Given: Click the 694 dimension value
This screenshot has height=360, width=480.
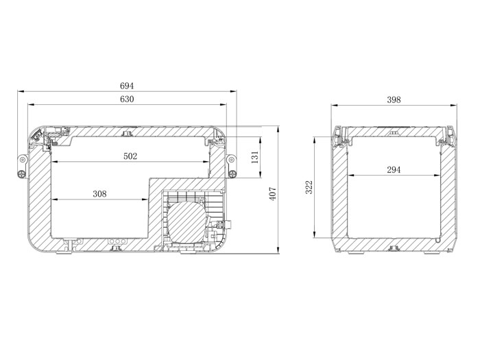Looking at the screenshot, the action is [x=127, y=86].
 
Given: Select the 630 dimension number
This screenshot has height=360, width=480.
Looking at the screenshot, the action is [x=127, y=99].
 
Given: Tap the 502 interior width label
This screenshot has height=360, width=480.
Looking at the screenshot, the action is [x=130, y=156].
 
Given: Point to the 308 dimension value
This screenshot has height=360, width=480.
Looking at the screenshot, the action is [x=100, y=194].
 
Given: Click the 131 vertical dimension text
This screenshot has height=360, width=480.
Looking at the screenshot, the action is [x=255, y=157].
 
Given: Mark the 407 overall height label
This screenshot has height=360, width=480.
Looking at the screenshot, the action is [x=273, y=194].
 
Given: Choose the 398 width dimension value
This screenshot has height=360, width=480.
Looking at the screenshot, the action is [x=394, y=100].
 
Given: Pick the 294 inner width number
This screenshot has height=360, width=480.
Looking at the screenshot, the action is [x=394, y=169].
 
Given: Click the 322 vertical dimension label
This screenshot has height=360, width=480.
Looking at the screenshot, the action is [x=309, y=187].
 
